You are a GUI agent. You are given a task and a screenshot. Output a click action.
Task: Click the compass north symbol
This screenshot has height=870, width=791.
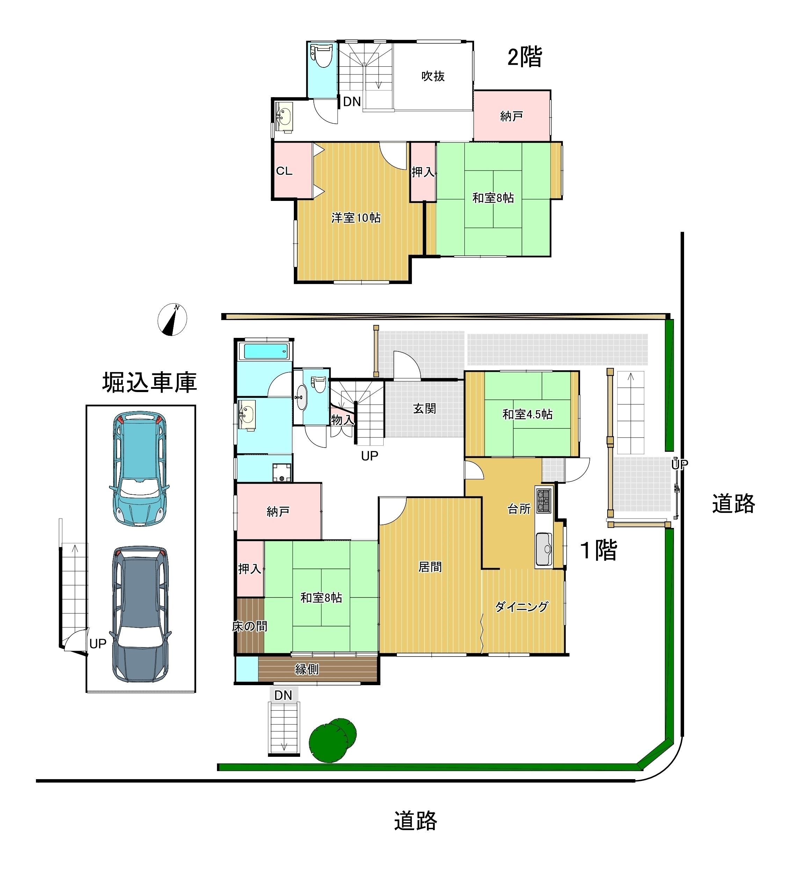click(172, 320)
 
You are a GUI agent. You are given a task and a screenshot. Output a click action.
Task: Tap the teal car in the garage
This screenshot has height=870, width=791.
click(139, 469)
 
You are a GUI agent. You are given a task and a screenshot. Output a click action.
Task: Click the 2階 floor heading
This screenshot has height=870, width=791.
click(524, 57)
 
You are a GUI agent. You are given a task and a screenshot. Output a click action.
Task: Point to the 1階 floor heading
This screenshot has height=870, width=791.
click(599, 550)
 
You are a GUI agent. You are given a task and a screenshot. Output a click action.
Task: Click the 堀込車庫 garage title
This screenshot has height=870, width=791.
click(149, 382)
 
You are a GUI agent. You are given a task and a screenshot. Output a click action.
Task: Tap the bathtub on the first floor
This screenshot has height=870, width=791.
click(266, 351)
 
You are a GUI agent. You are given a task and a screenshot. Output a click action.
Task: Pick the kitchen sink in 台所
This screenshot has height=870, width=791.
click(544, 549)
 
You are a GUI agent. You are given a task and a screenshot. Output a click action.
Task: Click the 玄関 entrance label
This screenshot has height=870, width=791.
click(424, 408)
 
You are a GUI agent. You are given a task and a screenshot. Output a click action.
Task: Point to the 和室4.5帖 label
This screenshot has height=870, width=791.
click(527, 414)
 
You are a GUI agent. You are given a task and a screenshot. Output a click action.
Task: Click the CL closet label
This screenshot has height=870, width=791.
click(284, 171)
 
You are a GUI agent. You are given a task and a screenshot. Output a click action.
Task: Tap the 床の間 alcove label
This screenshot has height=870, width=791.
click(249, 626)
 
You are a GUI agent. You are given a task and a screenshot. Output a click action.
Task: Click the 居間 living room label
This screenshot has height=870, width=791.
click(430, 567)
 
